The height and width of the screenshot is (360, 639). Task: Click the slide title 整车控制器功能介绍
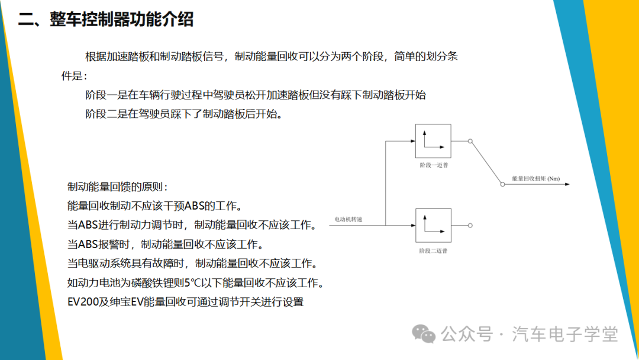(x=121, y=19)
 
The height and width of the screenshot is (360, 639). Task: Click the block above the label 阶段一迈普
(x=433, y=141)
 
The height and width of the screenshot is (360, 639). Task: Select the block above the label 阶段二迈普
(x=433, y=226)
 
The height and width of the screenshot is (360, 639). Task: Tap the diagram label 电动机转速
(x=348, y=219)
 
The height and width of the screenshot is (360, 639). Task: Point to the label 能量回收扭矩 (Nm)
(x=536, y=179)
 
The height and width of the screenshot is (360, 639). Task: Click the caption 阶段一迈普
(x=434, y=165)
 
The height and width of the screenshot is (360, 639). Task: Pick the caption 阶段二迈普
(x=433, y=250)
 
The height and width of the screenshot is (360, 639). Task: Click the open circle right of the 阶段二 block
(x=470, y=226)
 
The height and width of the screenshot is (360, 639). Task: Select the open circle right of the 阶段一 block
(x=470, y=141)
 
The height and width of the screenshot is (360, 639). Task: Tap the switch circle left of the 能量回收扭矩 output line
(x=502, y=184)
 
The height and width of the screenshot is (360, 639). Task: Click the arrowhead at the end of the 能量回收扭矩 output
(x=567, y=184)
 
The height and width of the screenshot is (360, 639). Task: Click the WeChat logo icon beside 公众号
(x=424, y=334)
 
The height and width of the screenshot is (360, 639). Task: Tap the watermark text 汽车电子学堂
(x=565, y=335)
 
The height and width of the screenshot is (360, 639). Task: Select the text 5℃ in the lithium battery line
(x=192, y=282)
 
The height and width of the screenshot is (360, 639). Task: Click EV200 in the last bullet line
(x=83, y=302)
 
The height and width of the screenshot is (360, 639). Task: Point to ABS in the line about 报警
(x=88, y=244)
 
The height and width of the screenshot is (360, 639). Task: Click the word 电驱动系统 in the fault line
(x=104, y=263)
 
